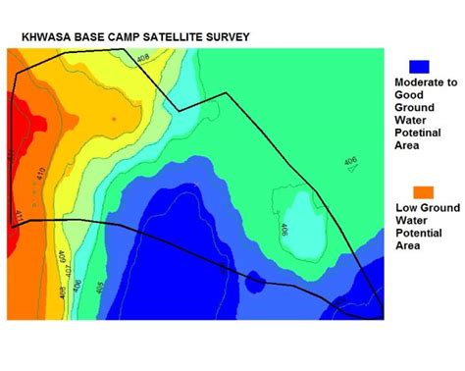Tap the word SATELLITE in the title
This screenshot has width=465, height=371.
173,36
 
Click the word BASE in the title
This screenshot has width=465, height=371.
88,36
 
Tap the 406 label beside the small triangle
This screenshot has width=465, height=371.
350,161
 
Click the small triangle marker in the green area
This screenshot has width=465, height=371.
352,172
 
